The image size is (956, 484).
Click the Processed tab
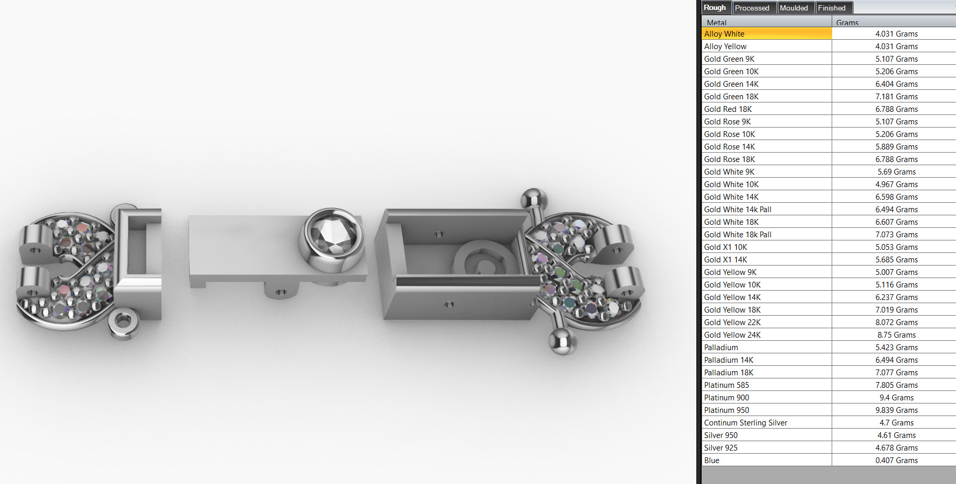[752, 8]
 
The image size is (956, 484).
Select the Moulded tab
[794, 8]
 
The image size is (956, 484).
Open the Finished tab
[832, 8]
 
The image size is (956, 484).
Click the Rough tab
[715, 8]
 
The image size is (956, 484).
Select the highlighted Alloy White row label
[724, 34]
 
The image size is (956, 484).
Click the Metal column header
[717, 22]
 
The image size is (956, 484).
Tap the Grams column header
[847, 22]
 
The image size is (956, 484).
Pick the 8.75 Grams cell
[896, 335]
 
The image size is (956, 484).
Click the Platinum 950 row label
[726, 410]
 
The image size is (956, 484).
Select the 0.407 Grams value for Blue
[896, 460]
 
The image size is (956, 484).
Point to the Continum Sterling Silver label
[745, 423]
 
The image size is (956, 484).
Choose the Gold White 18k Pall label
[738, 235]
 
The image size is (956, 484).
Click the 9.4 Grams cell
[896, 398]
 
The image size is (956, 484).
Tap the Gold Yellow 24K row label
[732, 335]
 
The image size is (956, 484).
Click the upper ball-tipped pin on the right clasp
[533, 199]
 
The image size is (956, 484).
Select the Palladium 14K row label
[728, 360]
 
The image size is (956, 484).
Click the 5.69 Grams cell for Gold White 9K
[896, 172]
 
